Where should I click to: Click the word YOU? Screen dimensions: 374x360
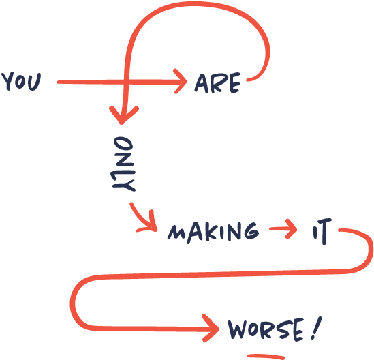tap(21, 81)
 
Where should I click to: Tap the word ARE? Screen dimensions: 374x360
tap(217, 82)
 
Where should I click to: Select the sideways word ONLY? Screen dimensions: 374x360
tap(123, 164)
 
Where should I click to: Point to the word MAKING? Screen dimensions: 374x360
tap(213, 232)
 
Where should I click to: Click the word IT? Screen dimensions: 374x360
tap(322, 231)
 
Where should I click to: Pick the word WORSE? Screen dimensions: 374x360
tap(266, 329)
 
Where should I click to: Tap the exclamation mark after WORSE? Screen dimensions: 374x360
tap(317, 328)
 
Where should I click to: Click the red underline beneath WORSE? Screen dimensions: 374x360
tap(266, 356)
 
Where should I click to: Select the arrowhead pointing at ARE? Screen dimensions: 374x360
tap(180, 81)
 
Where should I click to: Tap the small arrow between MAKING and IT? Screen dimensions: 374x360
tap(283, 228)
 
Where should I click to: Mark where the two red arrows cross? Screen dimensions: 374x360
tap(126, 82)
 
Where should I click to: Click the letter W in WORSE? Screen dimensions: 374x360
tap(237, 329)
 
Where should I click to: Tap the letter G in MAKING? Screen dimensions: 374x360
tap(251, 230)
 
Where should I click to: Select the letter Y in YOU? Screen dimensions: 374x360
tap(7, 81)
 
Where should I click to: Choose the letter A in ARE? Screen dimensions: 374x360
tap(202, 83)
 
